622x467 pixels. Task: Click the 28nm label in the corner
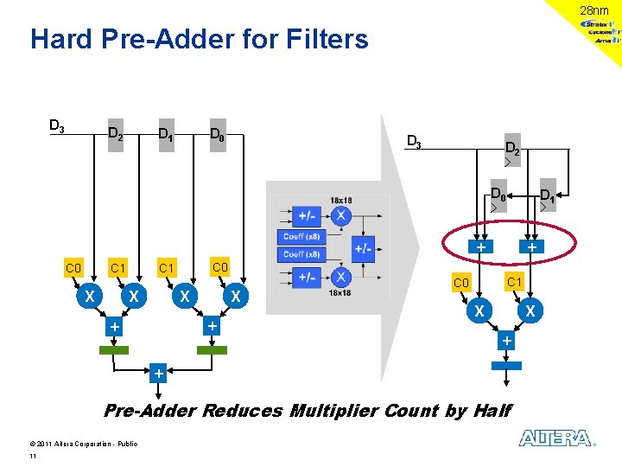tap(593, 10)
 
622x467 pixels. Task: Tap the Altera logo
tap(556, 438)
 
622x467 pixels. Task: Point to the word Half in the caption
tap(492, 410)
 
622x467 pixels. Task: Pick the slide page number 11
tap(33, 456)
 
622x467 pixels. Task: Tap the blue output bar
tap(506, 366)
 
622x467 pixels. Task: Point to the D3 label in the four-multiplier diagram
tap(56, 126)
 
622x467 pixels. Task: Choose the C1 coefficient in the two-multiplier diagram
tap(514, 282)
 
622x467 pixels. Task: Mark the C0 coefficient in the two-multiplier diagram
tap(461, 284)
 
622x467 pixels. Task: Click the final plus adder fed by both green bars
tap(158, 374)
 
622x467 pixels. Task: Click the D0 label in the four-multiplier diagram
tap(219, 134)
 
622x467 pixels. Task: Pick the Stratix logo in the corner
tap(600, 25)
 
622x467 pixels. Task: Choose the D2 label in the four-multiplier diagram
tap(115, 134)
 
